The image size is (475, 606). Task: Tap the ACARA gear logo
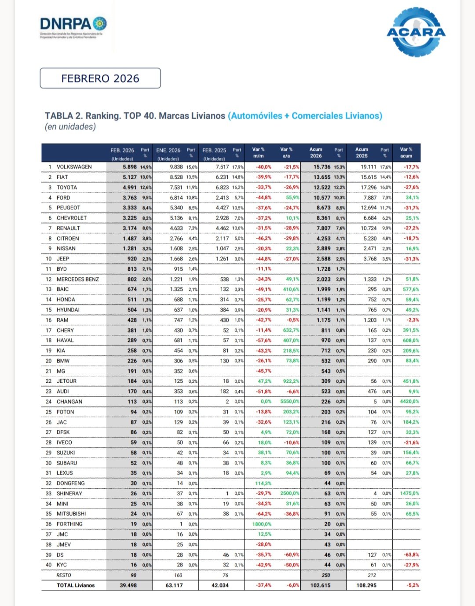[x=416, y=32]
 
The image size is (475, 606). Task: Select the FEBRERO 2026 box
[x=100, y=78]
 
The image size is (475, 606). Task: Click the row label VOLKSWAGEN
[x=74, y=167]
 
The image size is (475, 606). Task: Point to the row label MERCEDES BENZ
[x=77, y=279]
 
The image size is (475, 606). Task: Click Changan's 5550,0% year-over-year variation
[x=289, y=402]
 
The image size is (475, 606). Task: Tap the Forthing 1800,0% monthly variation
[x=262, y=524]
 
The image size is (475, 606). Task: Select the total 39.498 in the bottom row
[x=128, y=585]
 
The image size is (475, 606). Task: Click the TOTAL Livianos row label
[x=75, y=585]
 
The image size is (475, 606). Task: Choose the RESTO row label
[x=63, y=575]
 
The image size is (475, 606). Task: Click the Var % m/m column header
[x=258, y=152]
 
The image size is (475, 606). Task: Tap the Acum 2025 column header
[x=362, y=152]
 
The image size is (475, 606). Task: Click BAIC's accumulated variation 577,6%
[x=411, y=290]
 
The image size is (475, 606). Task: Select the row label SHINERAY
[x=69, y=494]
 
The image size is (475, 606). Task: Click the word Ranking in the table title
[x=103, y=116]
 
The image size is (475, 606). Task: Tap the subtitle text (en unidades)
[x=70, y=127]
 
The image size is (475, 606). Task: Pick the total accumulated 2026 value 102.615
[x=320, y=585]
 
